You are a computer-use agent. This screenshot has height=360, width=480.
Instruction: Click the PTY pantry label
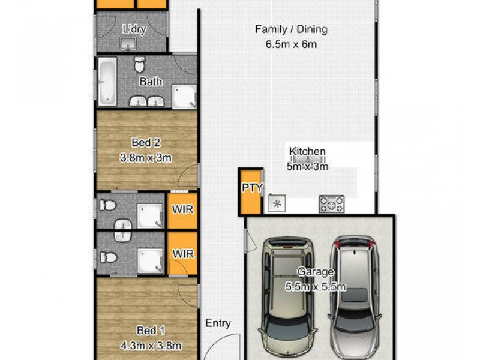tap(252, 188)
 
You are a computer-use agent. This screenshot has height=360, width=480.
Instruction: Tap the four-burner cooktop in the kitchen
tap(331, 203)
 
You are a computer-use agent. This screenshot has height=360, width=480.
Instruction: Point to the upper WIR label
tap(183, 209)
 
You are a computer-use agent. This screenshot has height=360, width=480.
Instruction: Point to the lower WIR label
tap(183, 253)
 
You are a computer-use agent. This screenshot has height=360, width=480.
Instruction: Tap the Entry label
tap(218, 323)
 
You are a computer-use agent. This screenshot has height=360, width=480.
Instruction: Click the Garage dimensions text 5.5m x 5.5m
tap(316, 287)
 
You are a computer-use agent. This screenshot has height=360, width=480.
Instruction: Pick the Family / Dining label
tap(291, 29)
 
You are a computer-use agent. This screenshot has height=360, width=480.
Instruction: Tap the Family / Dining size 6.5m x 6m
tap(291, 44)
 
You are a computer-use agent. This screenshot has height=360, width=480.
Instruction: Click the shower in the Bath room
tap(184, 96)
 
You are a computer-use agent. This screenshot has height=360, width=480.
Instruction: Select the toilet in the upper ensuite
tap(109, 206)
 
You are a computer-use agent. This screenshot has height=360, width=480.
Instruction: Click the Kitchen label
tap(307, 152)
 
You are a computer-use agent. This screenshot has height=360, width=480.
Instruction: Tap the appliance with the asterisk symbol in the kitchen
tap(277, 204)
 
